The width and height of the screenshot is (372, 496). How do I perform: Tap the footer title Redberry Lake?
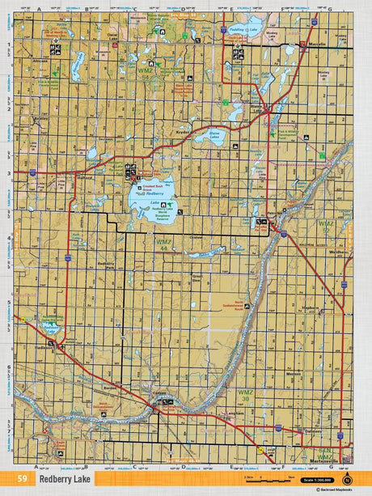point(64,479)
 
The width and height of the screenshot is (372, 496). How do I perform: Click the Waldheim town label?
point(337,252)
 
